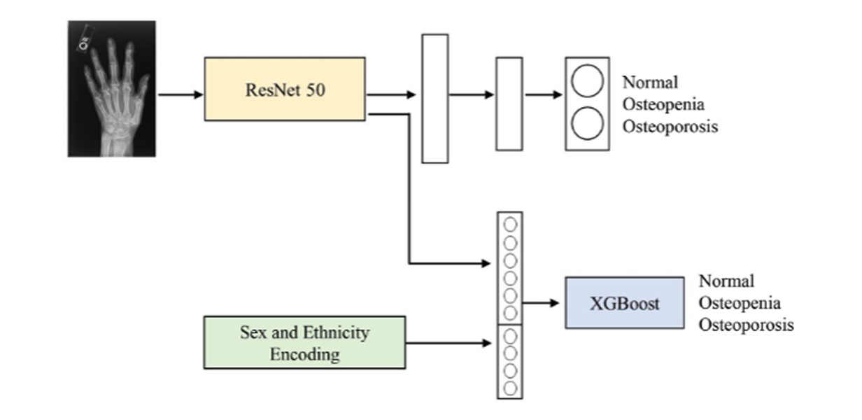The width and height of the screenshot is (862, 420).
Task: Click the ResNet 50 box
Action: tap(284, 89)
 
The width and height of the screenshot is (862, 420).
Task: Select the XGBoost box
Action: tap(624, 303)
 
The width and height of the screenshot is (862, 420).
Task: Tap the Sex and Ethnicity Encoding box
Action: tap(304, 342)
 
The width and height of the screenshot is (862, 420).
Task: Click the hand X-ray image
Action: tap(111, 88)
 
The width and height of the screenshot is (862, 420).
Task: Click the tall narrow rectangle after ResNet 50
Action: tap(434, 99)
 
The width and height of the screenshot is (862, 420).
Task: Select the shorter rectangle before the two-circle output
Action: tap(509, 104)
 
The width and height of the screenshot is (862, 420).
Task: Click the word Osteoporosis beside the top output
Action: tap(670, 127)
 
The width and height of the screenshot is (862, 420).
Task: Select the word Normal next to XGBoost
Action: tap(726, 281)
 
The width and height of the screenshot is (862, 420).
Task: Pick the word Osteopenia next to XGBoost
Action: tap(740, 303)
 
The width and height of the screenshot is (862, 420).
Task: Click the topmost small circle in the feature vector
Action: tap(510, 225)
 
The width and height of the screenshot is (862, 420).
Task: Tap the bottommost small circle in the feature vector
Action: tap(510, 387)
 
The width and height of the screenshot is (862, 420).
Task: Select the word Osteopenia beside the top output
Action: tap(663, 105)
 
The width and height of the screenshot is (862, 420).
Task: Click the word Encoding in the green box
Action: tap(304, 354)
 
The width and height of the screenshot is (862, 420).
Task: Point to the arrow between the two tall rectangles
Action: tap(472, 94)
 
